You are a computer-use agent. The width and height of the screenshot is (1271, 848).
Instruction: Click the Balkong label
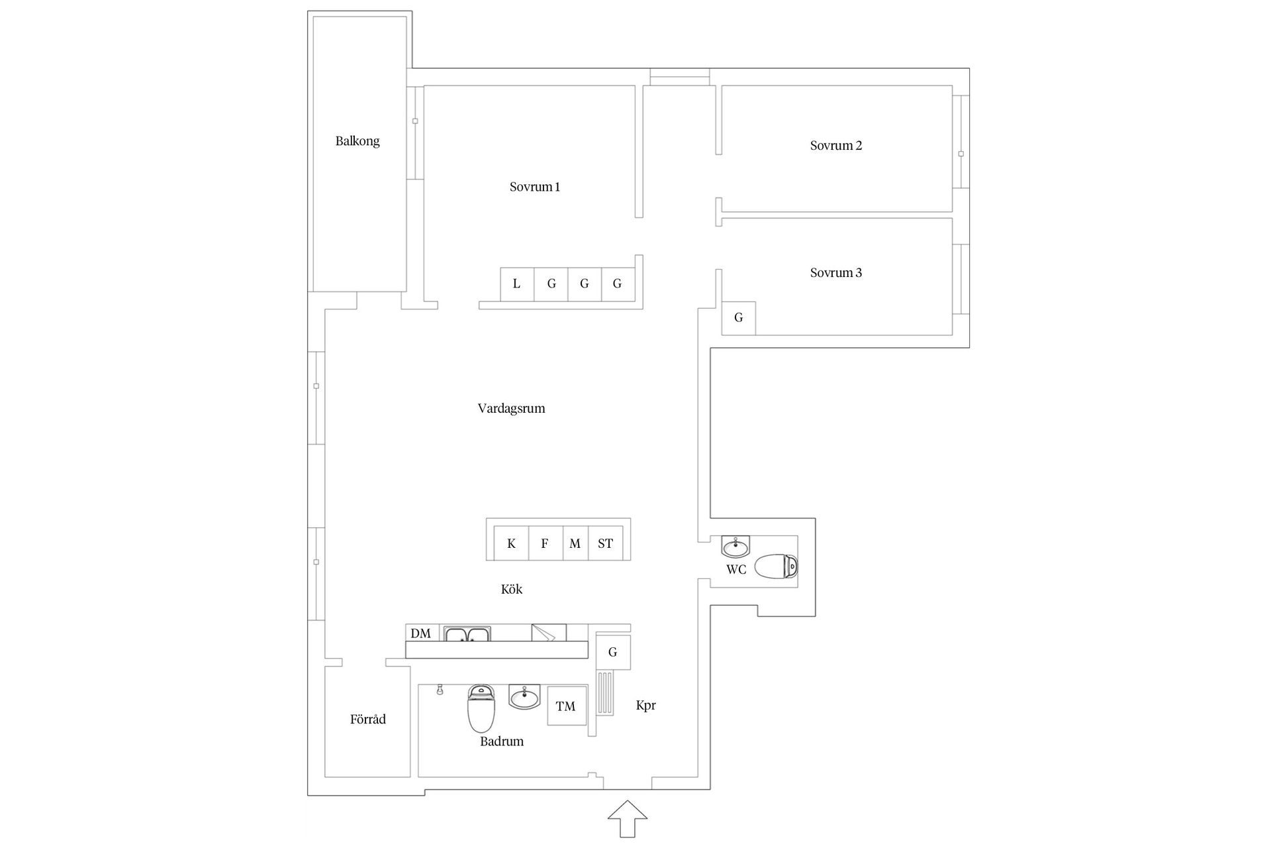pyautogui.click(x=357, y=141)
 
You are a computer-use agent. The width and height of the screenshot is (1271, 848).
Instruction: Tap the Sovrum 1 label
pyautogui.click(x=535, y=187)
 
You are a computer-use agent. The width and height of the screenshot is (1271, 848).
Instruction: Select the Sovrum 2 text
pyautogui.click(x=836, y=146)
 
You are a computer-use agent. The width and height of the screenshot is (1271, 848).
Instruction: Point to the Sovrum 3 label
pyautogui.click(x=836, y=273)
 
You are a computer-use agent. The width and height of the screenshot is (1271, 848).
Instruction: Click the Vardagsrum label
pyautogui.click(x=512, y=409)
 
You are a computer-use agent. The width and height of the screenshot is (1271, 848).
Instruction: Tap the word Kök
pyautogui.click(x=512, y=589)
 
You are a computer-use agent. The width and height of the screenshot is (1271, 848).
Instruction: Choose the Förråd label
pyautogui.click(x=368, y=719)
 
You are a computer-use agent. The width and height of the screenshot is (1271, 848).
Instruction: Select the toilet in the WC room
pyautogui.click(x=776, y=566)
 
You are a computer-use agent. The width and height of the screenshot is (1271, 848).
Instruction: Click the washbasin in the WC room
pyautogui.click(x=735, y=547)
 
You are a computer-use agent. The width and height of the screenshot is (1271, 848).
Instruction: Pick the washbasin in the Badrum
pyautogui.click(x=524, y=697)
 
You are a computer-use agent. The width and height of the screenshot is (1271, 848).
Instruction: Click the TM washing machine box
pyautogui.click(x=567, y=706)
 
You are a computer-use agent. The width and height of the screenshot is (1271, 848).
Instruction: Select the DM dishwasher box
pyautogui.click(x=421, y=633)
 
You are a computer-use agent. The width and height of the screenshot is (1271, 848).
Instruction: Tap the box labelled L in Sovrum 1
pyautogui.click(x=517, y=284)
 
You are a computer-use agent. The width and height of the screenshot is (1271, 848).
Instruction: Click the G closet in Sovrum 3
pyautogui.click(x=739, y=318)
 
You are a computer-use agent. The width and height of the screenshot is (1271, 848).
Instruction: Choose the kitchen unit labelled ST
pyautogui.click(x=605, y=544)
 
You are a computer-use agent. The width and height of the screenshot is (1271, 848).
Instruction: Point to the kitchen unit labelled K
pyautogui.click(x=512, y=544)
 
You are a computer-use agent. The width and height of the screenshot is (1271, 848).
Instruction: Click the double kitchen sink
pyautogui.click(x=467, y=634)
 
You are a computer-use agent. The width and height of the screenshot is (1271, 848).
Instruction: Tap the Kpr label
pyautogui.click(x=646, y=706)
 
